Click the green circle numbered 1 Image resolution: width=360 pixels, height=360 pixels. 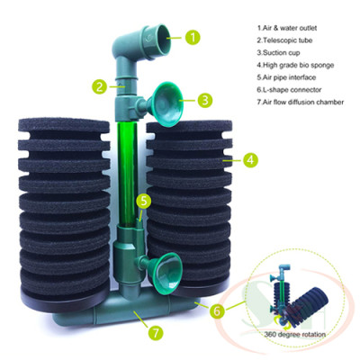pos(192,38)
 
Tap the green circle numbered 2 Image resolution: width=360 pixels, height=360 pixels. pos(98,87)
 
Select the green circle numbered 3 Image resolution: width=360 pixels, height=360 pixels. pos(204,100)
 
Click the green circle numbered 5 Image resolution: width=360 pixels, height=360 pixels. pos(145,200)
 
